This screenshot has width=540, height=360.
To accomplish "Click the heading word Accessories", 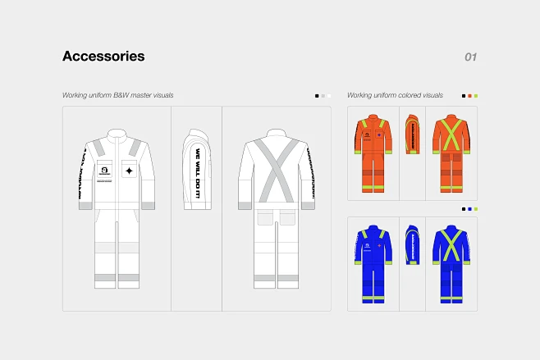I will [x=103, y=57].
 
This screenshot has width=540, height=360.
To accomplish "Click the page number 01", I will [x=470, y=57].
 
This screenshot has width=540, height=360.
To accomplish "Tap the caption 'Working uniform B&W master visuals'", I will [x=117, y=95].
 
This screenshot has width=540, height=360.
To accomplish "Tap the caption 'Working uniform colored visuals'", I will [x=395, y=95].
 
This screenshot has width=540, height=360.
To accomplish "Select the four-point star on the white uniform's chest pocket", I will [x=129, y=171].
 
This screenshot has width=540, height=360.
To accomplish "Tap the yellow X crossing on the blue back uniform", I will [x=451, y=243].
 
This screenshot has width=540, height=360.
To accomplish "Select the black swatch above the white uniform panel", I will [x=317, y=96].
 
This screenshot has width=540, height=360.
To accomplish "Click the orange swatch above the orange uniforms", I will [x=469, y=96].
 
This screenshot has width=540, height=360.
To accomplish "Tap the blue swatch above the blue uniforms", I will [x=469, y=209].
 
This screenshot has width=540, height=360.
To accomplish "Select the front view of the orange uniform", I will [x=373, y=152].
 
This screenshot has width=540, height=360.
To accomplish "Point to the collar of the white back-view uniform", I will [x=276, y=134].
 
